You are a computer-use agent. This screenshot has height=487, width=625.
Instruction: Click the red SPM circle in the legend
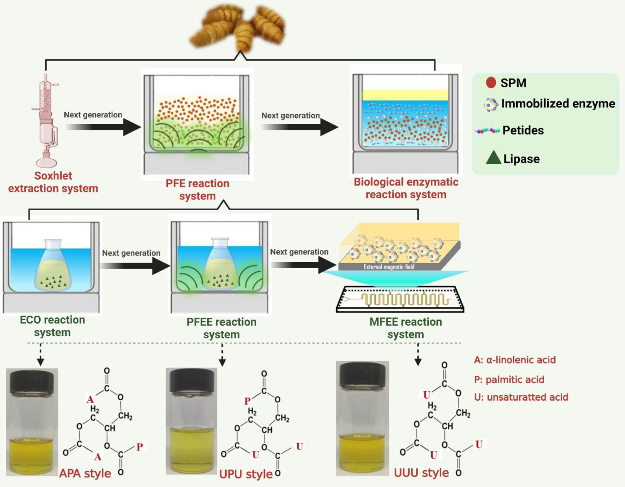[491, 82]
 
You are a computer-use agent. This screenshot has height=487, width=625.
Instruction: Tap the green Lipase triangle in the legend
[493, 158]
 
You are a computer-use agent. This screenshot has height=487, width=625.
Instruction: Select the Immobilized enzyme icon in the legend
[490, 104]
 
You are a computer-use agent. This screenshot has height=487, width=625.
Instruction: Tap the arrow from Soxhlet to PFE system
[103, 127]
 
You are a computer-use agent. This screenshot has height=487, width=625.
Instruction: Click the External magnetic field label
[389, 267]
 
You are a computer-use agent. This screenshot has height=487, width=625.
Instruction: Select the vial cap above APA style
[32, 381]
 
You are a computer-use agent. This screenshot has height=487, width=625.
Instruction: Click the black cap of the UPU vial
[191, 381]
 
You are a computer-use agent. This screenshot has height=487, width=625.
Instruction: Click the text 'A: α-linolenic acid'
[515, 360]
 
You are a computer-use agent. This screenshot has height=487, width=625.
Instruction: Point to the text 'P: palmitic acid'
[509, 380]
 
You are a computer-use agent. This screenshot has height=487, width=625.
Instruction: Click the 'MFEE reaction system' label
[405, 328]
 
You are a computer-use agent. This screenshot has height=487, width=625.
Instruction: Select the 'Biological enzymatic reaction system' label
[406, 188]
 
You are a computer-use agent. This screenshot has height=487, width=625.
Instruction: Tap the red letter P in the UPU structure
[247, 401]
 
